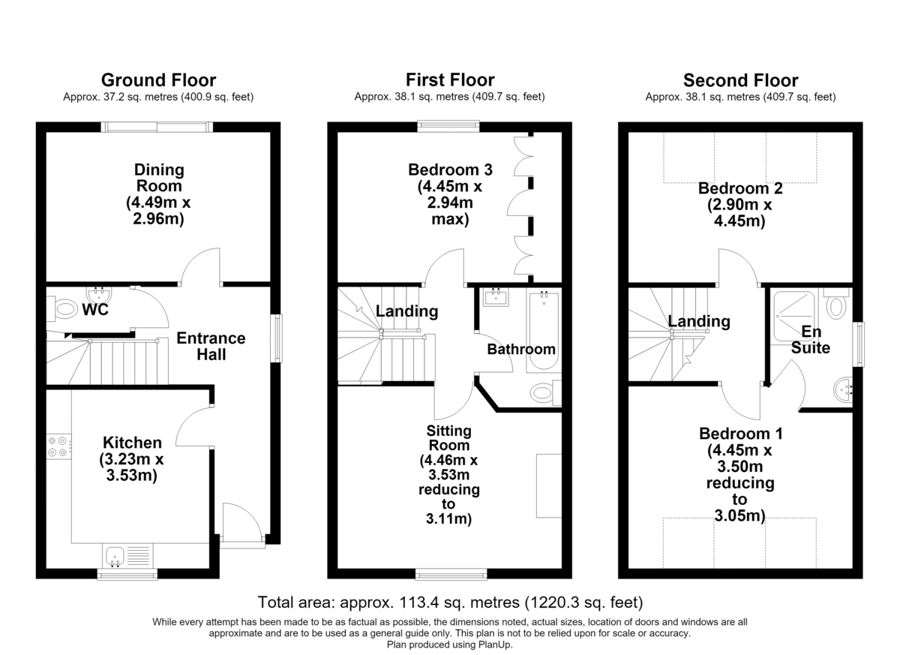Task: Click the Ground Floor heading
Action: (158, 80)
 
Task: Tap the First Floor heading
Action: (450, 80)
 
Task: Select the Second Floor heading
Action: (740, 80)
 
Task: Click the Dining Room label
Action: (159, 178)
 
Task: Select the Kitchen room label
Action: (132, 443)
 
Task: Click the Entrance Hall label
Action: (211, 347)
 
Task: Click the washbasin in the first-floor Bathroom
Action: (496, 297)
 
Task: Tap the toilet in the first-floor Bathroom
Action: (546, 392)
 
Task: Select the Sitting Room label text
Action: (448, 438)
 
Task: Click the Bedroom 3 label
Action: (450, 170)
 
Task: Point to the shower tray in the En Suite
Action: (794, 317)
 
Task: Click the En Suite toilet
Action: (836, 304)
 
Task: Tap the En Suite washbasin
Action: (843, 389)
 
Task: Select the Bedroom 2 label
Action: (740, 188)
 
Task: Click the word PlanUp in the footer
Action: (495, 645)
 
